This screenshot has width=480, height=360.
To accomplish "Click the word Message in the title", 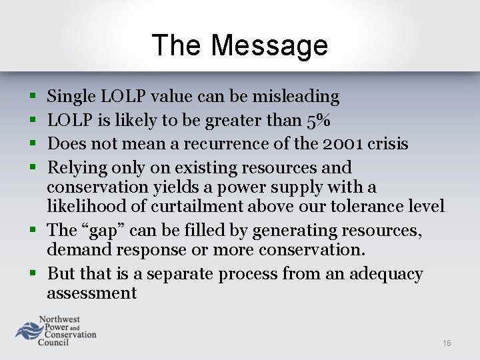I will pos(269,45).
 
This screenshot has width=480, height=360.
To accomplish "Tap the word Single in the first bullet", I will pos(71,97).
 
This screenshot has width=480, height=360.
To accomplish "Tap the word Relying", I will pos(75,167).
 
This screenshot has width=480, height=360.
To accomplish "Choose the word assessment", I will pos(91,293).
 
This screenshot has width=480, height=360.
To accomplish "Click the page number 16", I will pos(447,343).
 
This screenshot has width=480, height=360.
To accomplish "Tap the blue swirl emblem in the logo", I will pos(29,332).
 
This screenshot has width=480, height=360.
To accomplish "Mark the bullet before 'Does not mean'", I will pos(33,144).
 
